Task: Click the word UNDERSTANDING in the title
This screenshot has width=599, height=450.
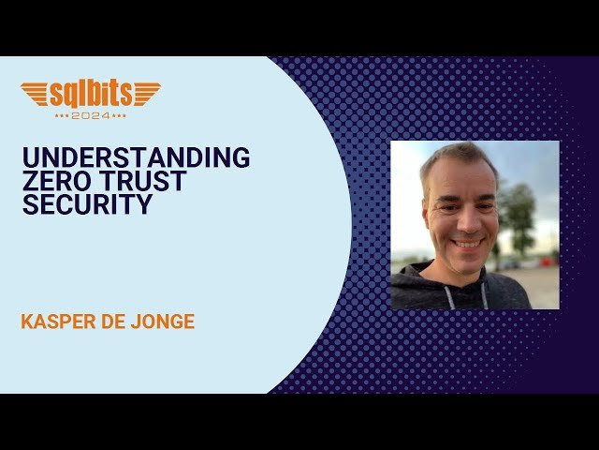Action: [x=136, y=157]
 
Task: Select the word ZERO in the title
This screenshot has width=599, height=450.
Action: [x=57, y=181]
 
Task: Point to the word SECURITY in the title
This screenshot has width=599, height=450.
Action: [x=87, y=204]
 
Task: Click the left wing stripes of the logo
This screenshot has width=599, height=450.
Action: [x=36, y=93]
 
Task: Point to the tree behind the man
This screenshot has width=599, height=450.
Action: [x=519, y=211]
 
